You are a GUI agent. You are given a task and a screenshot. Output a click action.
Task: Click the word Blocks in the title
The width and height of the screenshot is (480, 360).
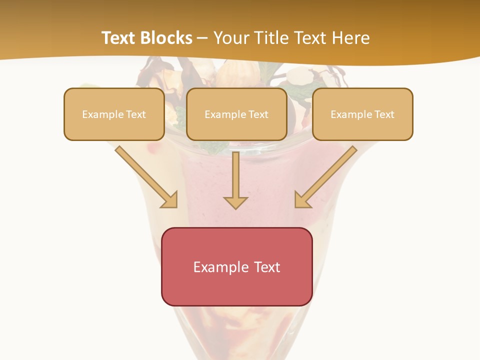pyautogui.click(x=167, y=38)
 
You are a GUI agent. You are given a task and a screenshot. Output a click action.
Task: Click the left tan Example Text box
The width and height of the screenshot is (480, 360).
pyautogui.click(x=114, y=114)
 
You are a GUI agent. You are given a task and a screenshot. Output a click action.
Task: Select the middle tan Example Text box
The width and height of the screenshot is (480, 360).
pyautogui.click(x=236, y=114)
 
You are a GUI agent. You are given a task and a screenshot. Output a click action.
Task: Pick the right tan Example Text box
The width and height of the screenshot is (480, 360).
pyautogui.click(x=362, y=114)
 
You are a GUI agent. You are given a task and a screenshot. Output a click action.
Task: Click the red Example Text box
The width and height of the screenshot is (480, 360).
pyautogui.click(x=236, y=266)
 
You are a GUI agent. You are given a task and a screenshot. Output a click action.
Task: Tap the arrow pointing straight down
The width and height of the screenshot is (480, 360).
pyautogui.click(x=235, y=180)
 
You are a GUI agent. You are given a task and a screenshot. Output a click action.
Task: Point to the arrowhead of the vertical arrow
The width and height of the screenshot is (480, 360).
pyautogui.click(x=235, y=202)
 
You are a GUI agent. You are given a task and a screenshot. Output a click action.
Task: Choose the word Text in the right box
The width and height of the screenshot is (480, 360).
pyautogui.click(x=384, y=114)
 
